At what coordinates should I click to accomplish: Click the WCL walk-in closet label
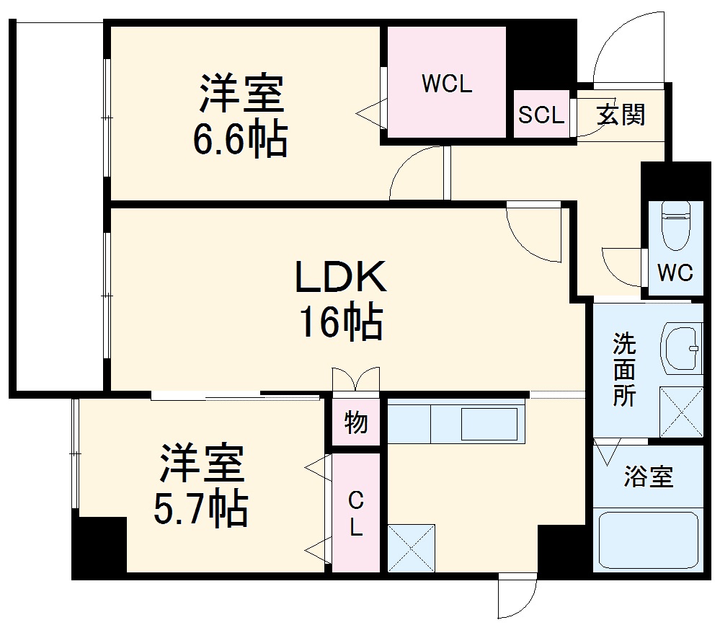pos(446,84)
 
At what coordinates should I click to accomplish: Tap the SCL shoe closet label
pos(541,115)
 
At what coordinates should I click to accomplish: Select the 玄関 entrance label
pos(620,115)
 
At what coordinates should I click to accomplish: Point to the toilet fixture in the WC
pos(675,224)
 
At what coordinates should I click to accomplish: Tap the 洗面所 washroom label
pos(623,370)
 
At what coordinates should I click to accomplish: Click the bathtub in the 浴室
pos(648,541)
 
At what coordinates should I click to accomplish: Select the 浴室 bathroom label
pos(648,477)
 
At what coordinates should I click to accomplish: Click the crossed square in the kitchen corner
pos(412,549)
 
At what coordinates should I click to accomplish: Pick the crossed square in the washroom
pos(681,412)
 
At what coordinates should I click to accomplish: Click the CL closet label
pos(355,513)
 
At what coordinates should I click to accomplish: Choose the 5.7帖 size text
pos(201,509)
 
